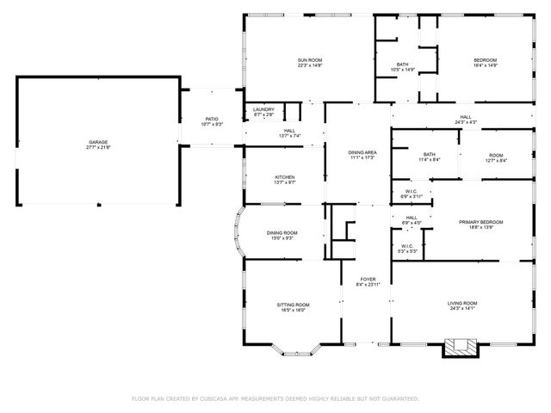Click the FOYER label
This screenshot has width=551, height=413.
367,280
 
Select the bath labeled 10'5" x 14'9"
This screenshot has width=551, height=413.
403,67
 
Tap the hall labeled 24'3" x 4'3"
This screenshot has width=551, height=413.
465,120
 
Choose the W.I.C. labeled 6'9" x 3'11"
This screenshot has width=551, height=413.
411,194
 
